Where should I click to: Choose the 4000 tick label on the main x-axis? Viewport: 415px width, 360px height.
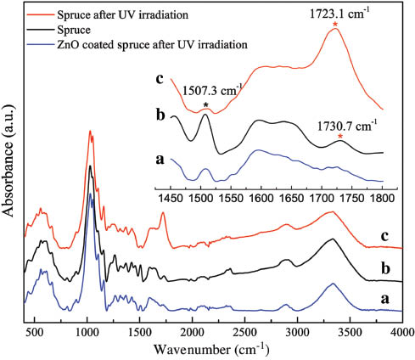tap(401, 332)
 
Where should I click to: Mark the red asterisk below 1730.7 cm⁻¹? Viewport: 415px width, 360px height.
tap(340, 138)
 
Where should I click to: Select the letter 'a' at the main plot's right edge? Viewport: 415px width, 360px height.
tap(386, 300)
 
